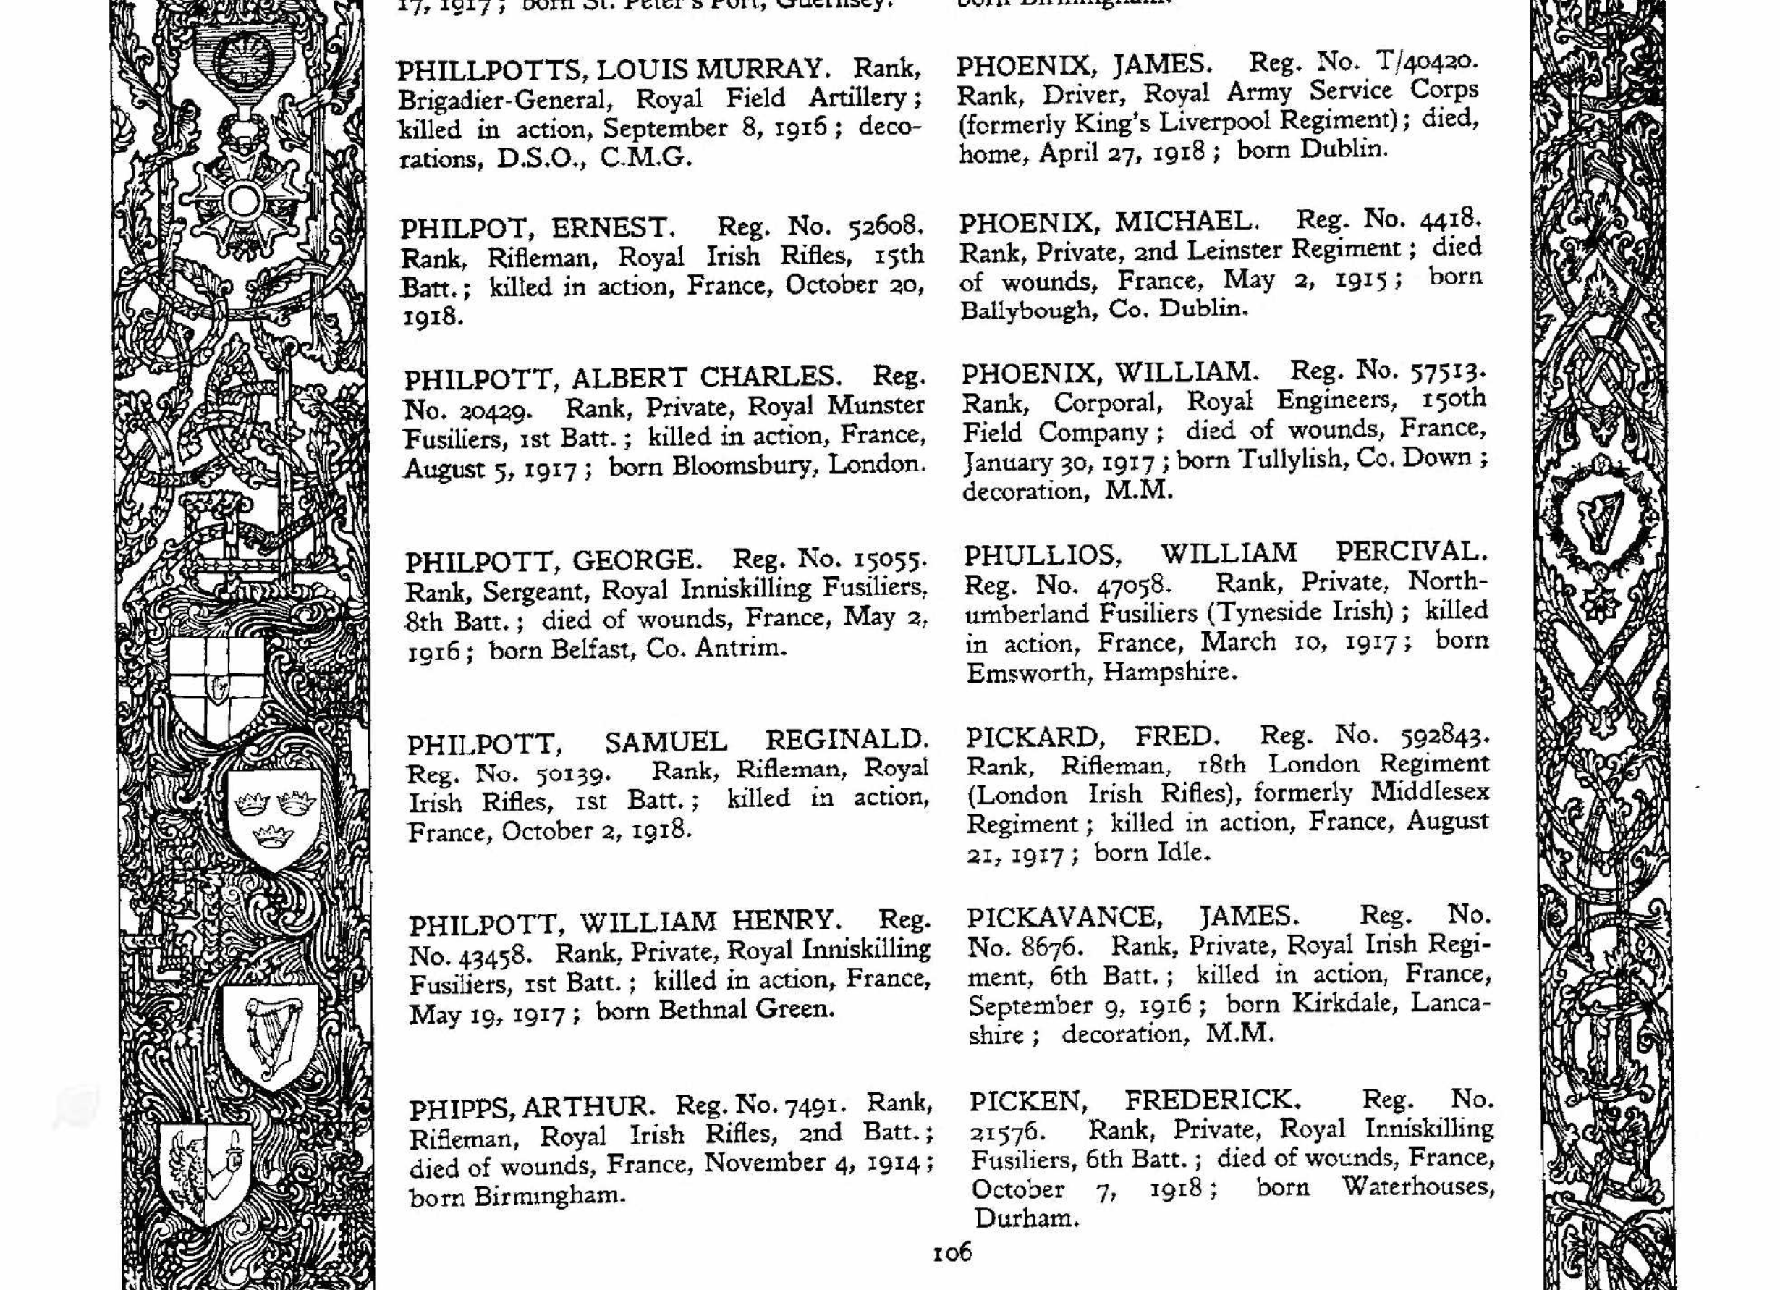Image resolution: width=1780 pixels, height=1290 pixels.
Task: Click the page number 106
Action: [952, 1251]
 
